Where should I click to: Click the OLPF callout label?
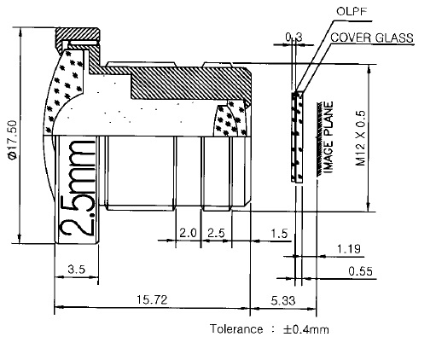[352, 11]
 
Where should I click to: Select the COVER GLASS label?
[372, 38]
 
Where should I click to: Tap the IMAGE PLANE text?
[328, 137]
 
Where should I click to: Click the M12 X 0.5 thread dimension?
[360, 137]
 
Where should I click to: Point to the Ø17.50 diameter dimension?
[13, 139]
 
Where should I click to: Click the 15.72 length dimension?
[152, 299]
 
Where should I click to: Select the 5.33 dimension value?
[283, 300]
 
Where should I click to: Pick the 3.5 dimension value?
[77, 269]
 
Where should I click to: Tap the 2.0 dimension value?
[188, 233]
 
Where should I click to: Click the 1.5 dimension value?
[279, 234]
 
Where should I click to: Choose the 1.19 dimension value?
[349, 249]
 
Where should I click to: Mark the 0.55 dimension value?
[360, 271]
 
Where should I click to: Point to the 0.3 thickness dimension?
[294, 37]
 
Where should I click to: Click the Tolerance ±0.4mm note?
[270, 329]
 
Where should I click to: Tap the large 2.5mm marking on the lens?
[77, 188]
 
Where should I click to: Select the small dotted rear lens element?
[230, 119]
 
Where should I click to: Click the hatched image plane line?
[319, 139]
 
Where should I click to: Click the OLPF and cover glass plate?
[297, 137]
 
